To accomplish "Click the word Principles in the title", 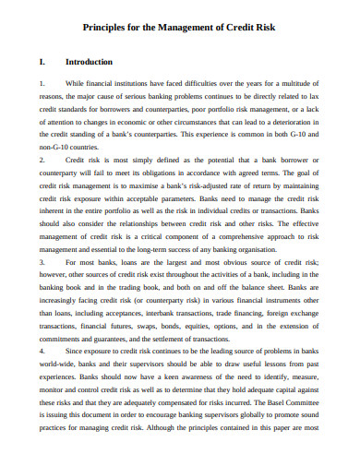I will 108,28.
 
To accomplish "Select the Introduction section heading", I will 90,63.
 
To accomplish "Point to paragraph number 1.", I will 42,83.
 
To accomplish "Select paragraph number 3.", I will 42,236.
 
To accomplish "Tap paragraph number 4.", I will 42,326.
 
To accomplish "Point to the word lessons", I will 280,338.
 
